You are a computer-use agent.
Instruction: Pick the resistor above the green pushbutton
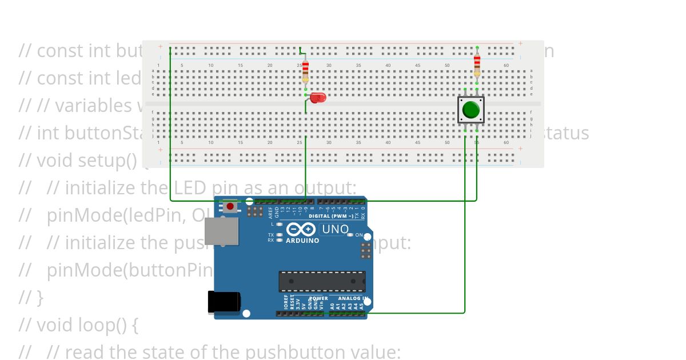tap(477, 65)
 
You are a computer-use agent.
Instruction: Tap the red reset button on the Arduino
tap(230, 206)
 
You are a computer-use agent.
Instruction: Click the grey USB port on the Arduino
tap(221, 231)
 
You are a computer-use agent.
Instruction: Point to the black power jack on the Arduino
tap(223, 302)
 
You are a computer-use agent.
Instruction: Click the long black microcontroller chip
tap(322, 281)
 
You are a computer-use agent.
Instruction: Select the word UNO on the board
tap(336, 230)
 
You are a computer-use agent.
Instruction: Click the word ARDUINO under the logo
tap(302, 241)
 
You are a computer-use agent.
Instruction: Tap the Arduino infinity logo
tap(301, 230)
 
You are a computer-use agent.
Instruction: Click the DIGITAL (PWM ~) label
tap(331, 217)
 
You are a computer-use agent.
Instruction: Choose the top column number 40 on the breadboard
tap(388, 66)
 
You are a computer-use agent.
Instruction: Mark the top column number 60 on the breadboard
tap(506, 66)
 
